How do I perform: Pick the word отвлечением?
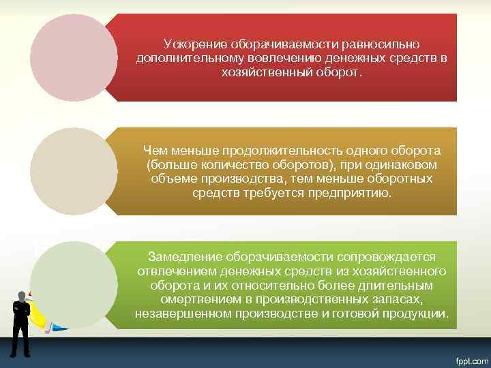[177, 271]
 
